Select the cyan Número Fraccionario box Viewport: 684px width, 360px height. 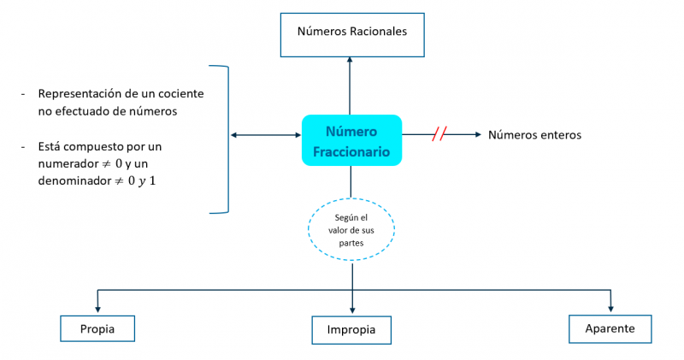coord(351,140)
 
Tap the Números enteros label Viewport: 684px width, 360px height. coord(534,135)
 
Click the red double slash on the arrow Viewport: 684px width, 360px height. coord(439,134)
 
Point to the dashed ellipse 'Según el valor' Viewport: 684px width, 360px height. coord(351,230)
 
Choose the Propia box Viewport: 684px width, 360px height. coord(97,328)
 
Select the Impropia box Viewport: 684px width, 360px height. coord(351,330)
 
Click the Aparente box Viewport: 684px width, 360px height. coord(610,328)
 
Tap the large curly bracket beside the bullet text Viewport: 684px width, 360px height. coord(226,137)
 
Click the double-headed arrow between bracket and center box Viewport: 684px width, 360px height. coord(266,135)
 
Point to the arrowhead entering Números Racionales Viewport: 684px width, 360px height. coord(351,62)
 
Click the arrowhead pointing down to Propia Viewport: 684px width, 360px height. coord(98,310)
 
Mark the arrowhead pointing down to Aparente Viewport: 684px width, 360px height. coord(610,309)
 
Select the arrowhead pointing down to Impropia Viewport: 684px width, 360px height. coord(351,311)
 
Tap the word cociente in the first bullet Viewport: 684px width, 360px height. coord(180,94)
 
